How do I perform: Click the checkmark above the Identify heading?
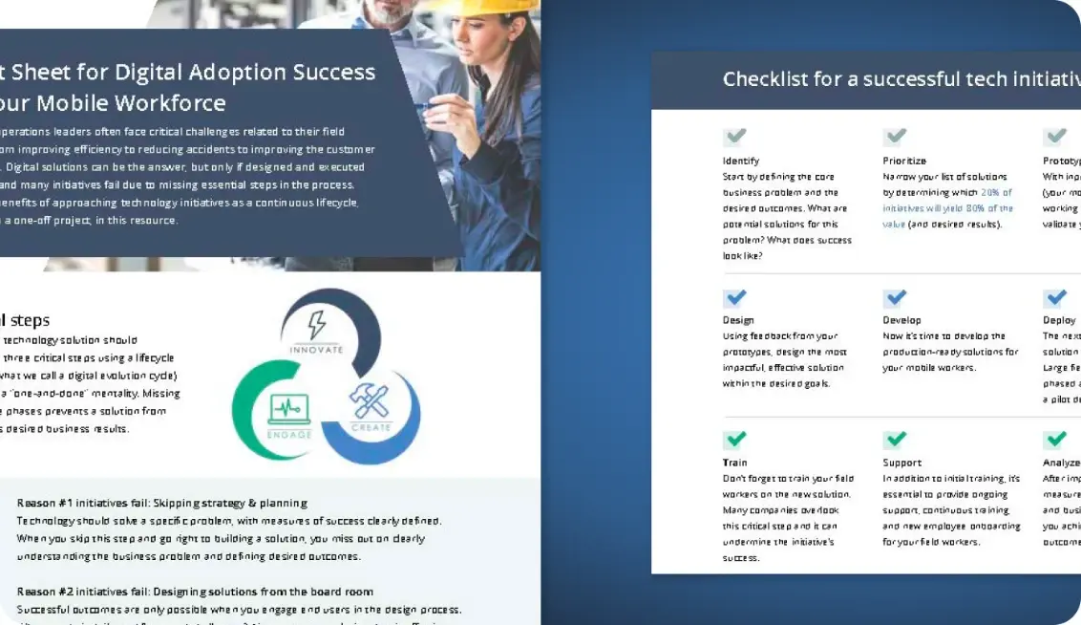click(x=734, y=137)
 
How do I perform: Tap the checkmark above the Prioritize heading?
click(x=895, y=137)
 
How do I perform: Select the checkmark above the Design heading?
click(x=735, y=297)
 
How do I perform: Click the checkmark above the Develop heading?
click(x=895, y=297)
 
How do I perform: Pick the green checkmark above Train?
click(x=735, y=440)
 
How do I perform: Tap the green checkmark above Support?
click(x=895, y=440)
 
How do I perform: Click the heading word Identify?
click(x=741, y=161)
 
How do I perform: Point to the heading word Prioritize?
click(x=904, y=161)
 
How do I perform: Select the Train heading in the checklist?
click(x=734, y=463)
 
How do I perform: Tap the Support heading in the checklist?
click(x=901, y=463)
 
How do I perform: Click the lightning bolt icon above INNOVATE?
click(x=316, y=326)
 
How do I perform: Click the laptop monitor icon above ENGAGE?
click(x=289, y=410)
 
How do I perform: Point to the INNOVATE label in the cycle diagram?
click(x=316, y=350)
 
